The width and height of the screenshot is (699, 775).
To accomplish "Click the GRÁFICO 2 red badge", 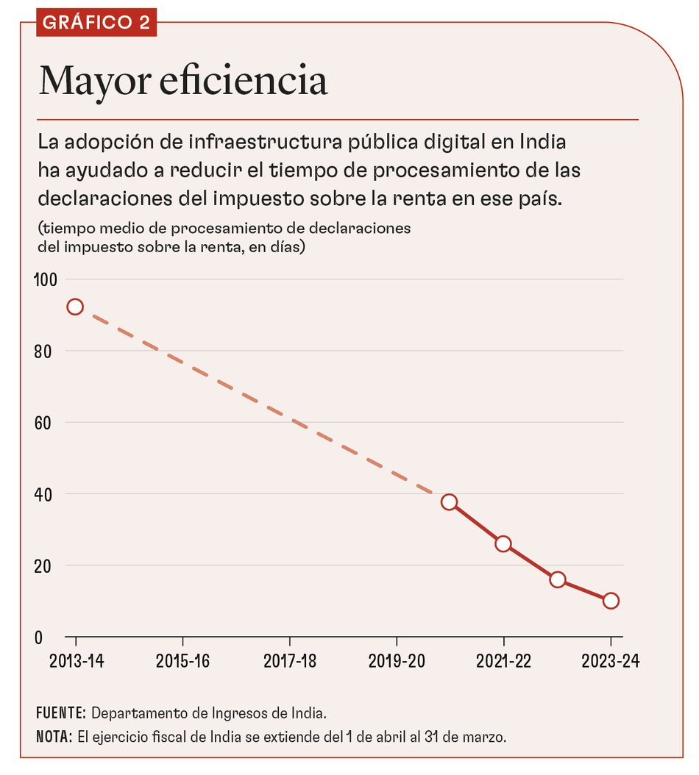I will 96,22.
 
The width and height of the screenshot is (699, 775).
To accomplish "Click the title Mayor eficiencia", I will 182,81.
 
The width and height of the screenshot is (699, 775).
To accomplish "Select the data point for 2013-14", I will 74,307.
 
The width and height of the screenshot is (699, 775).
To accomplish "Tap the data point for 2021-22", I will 503,544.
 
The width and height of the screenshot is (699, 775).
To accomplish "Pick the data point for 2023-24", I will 611,601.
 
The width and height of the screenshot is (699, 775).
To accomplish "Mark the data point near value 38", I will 449,502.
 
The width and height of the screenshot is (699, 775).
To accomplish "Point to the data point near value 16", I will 558,579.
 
